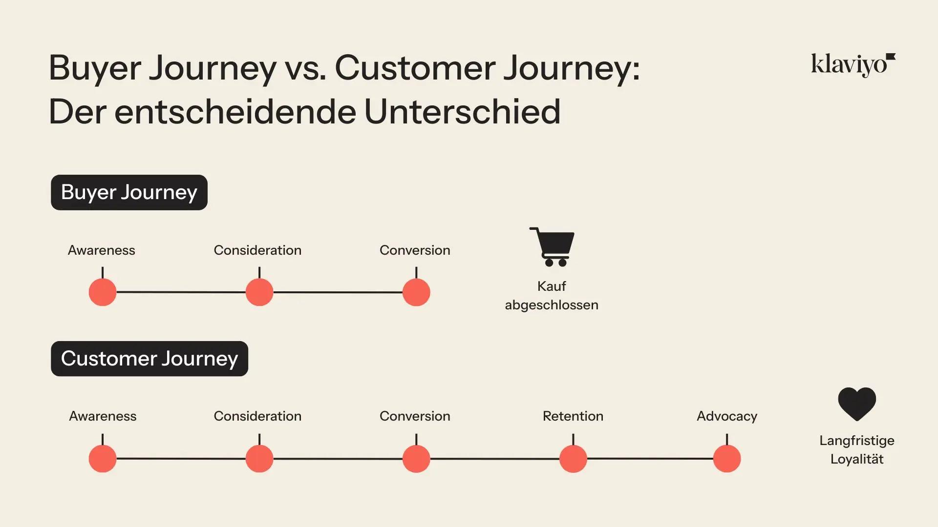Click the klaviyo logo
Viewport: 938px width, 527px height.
(853, 65)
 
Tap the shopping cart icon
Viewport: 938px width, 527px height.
(552, 246)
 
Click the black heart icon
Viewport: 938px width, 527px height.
(857, 404)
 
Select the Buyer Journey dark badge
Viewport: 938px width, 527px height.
(129, 192)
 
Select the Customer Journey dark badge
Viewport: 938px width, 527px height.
(149, 359)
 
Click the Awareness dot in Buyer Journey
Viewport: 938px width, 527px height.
(103, 292)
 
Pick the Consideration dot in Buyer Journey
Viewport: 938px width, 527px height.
(259, 292)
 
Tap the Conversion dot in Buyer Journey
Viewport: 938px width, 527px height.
(416, 292)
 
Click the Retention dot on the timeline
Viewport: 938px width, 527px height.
(573, 459)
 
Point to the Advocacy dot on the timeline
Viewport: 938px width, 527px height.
(727, 459)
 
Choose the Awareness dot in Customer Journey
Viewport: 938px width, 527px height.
(103, 459)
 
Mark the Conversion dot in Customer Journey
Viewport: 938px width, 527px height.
(416, 459)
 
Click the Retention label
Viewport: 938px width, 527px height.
(573, 416)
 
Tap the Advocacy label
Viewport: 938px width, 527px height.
(727, 416)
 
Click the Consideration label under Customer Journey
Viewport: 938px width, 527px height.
(257, 416)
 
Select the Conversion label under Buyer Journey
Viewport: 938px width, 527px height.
(415, 250)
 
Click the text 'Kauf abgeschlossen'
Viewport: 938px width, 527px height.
(552, 296)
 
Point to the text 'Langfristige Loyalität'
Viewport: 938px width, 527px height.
(857, 450)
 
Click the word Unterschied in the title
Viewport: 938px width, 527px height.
(462, 112)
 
